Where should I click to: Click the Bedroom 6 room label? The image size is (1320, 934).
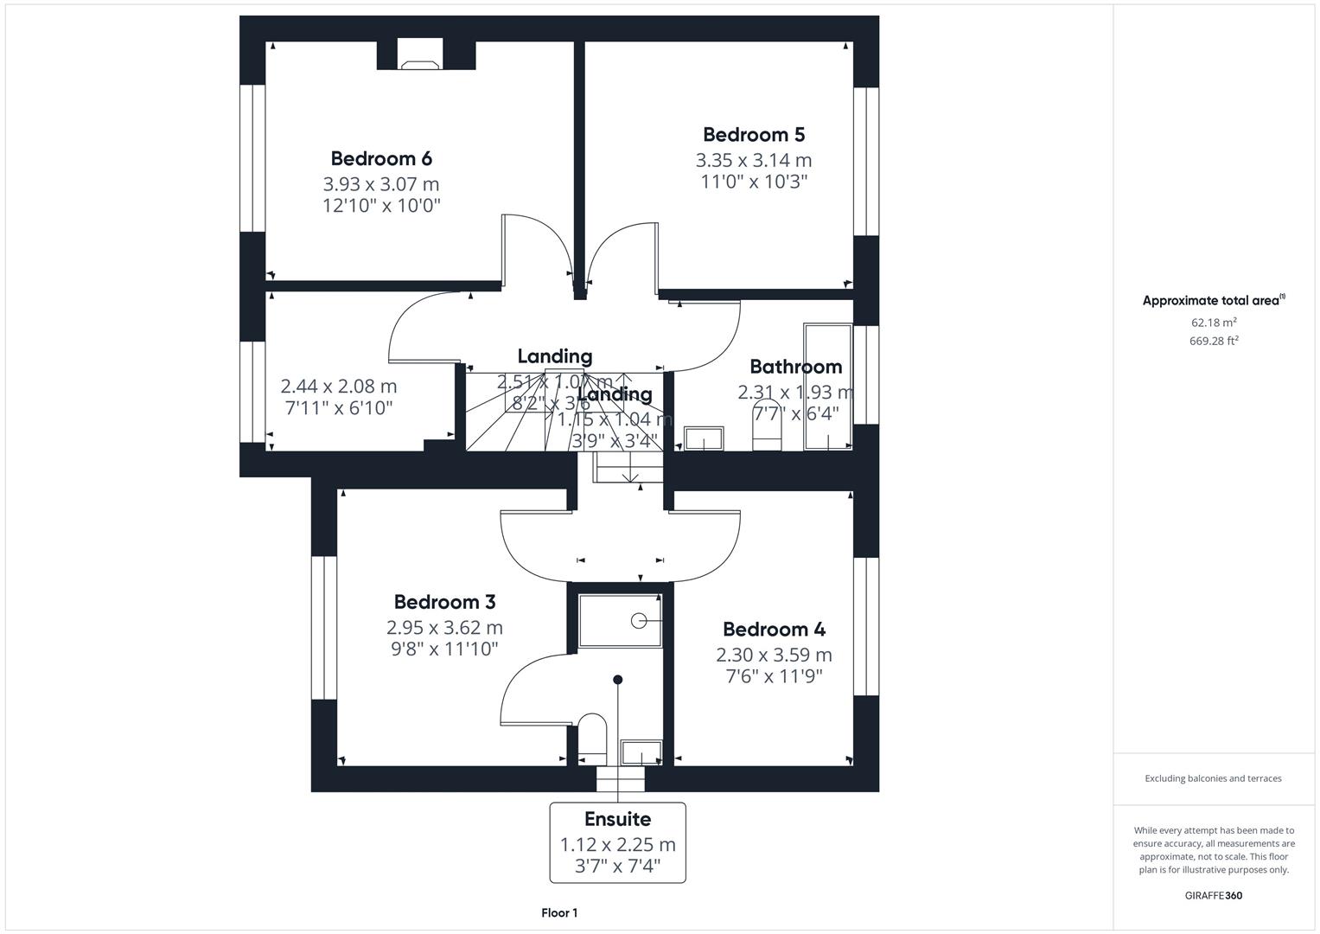click(381, 159)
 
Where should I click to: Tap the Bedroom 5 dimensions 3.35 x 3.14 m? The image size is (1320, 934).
click(754, 161)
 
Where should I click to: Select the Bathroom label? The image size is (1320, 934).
click(795, 367)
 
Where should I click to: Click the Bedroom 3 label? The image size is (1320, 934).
click(444, 602)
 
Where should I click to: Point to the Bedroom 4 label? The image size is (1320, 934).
click(774, 630)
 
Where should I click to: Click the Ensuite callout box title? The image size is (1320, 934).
click(617, 819)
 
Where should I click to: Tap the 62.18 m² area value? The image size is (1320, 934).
click(1213, 323)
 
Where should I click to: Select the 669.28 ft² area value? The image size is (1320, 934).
click(1213, 341)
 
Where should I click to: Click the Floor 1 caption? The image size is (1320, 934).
click(559, 912)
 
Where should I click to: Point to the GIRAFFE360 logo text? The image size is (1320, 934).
click(1213, 895)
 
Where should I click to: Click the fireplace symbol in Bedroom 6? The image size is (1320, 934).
click(421, 63)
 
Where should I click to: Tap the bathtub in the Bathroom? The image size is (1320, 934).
click(827, 387)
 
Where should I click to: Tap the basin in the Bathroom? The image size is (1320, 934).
click(705, 438)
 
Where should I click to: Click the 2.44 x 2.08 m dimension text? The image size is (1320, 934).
click(339, 387)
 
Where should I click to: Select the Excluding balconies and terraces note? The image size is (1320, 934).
click(1213, 778)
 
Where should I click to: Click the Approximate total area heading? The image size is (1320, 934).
click(1213, 301)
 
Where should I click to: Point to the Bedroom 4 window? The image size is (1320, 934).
click(866, 625)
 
